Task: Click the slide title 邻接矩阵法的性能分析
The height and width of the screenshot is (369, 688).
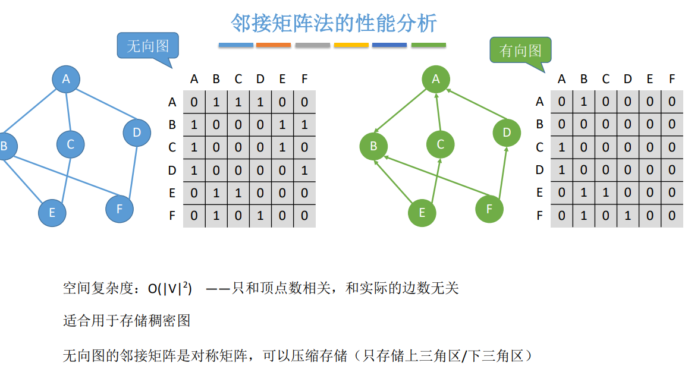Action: (334, 23)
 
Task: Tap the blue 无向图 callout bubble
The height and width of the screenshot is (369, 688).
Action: (148, 46)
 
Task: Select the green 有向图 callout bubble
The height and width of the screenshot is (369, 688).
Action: (520, 51)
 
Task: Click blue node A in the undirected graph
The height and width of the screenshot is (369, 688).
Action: (66, 79)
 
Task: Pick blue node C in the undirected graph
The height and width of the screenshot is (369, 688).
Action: (71, 144)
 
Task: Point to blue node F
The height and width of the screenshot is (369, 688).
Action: (120, 209)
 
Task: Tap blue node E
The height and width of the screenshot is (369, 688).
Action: (52, 213)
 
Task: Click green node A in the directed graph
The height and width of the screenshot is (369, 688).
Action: (436, 78)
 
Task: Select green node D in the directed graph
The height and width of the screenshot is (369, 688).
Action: (507, 132)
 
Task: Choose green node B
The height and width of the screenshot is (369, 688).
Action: (373, 146)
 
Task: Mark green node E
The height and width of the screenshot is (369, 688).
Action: (422, 213)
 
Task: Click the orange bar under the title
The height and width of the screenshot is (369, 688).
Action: (274, 45)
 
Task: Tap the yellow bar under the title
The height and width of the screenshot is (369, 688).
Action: (351, 45)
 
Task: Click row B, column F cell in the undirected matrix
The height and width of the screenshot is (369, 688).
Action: (304, 125)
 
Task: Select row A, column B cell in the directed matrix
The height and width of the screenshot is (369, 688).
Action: (584, 102)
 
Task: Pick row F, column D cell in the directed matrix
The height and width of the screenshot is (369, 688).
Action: (628, 216)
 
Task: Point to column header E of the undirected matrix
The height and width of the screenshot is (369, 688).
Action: (282, 79)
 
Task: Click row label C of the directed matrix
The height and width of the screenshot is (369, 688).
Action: (539, 147)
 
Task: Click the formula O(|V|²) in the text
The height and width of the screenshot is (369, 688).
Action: (170, 289)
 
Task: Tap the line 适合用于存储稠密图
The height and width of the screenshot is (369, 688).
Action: (127, 321)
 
